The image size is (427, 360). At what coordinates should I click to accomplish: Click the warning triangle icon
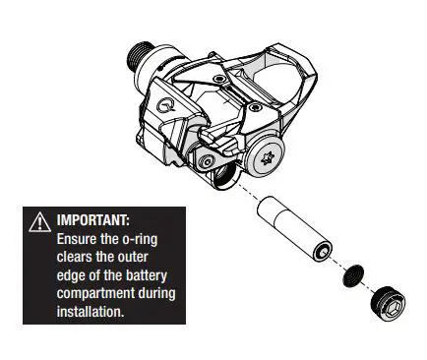38,221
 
